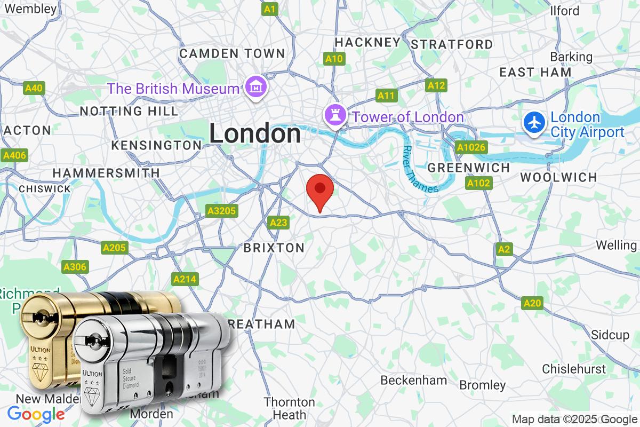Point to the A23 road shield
278,222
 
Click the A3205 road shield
221,211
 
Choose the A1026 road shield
470,146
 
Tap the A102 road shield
478,184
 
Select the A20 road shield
532,303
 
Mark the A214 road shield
185,279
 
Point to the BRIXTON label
274,248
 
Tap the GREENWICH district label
469,168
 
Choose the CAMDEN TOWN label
232,53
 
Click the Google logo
36,414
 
